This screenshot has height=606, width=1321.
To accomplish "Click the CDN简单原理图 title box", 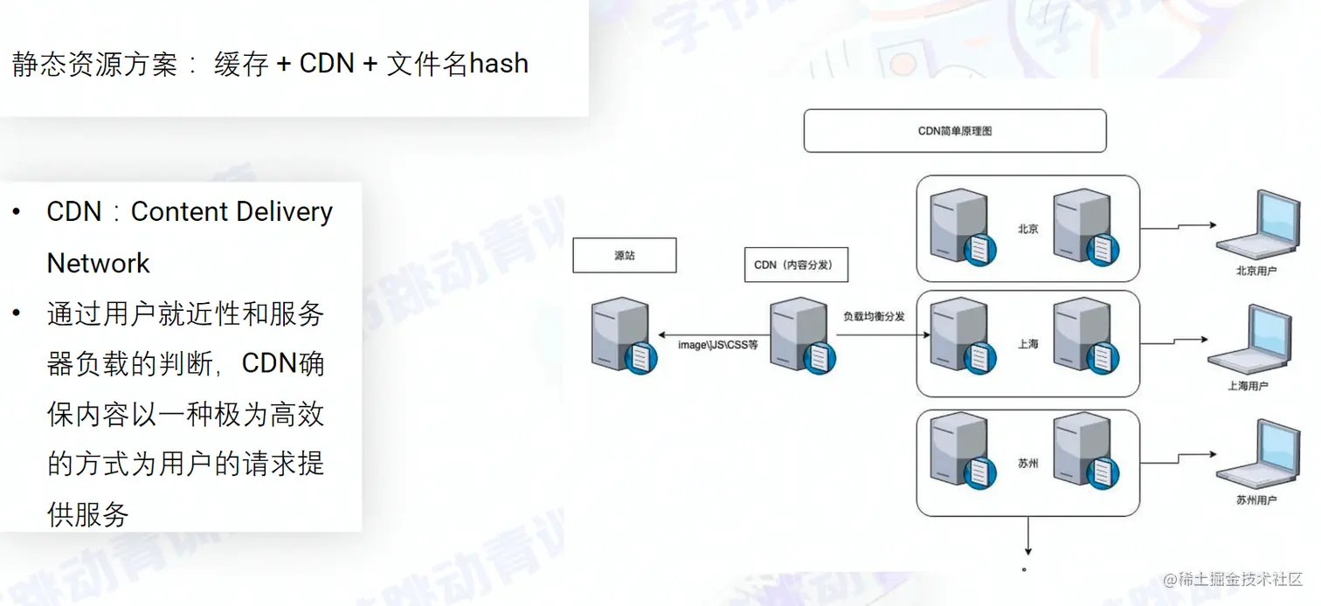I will (954, 131).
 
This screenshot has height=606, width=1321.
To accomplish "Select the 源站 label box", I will (624, 256).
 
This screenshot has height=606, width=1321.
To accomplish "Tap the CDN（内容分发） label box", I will (792, 265).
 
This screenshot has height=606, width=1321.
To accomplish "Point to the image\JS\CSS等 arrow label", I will (718, 345).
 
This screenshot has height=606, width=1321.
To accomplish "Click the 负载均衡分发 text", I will (873, 316).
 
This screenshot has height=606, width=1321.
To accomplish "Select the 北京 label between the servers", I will (1028, 229).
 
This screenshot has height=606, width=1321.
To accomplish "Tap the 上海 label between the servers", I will (1028, 344).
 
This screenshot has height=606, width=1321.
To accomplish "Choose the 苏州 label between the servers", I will (1028, 464).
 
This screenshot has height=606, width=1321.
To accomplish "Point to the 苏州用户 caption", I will (1256, 500).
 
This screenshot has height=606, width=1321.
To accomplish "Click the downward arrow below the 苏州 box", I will (1028, 536).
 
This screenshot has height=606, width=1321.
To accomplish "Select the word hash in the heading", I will (499, 64).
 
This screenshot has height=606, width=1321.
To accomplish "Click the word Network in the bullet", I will (99, 264).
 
